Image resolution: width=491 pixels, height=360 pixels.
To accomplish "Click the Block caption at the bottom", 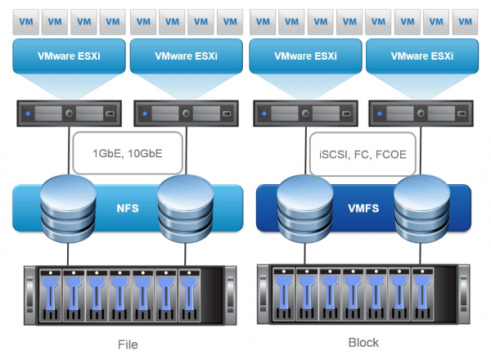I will pyautogui.click(x=363, y=342).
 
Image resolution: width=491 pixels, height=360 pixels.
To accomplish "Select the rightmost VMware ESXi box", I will pyautogui.click(x=421, y=56).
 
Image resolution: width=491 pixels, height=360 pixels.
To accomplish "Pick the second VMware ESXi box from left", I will pyautogui.click(x=185, y=56).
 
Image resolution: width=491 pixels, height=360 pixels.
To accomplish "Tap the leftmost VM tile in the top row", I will pyautogui.click(x=25, y=17).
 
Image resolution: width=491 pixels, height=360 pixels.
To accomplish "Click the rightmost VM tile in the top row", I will pyautogui.click(x=464, y=17).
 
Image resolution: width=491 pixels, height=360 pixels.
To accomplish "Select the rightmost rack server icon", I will pyautogui.click(x=421, y=110).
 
